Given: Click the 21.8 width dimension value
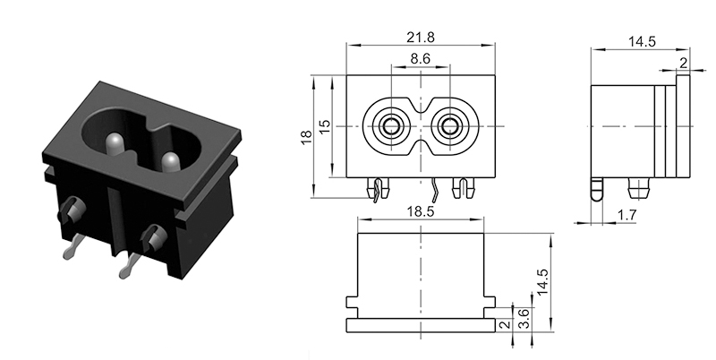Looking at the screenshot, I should (421, 38).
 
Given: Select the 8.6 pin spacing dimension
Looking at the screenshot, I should (421, 59).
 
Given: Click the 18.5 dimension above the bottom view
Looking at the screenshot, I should (421, 210).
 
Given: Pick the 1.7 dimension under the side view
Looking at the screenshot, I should (627, 215).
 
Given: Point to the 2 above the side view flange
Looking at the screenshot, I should (684, 62).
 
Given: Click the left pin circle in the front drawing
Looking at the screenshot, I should (390, 127).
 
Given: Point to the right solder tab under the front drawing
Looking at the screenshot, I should (462, 188).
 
